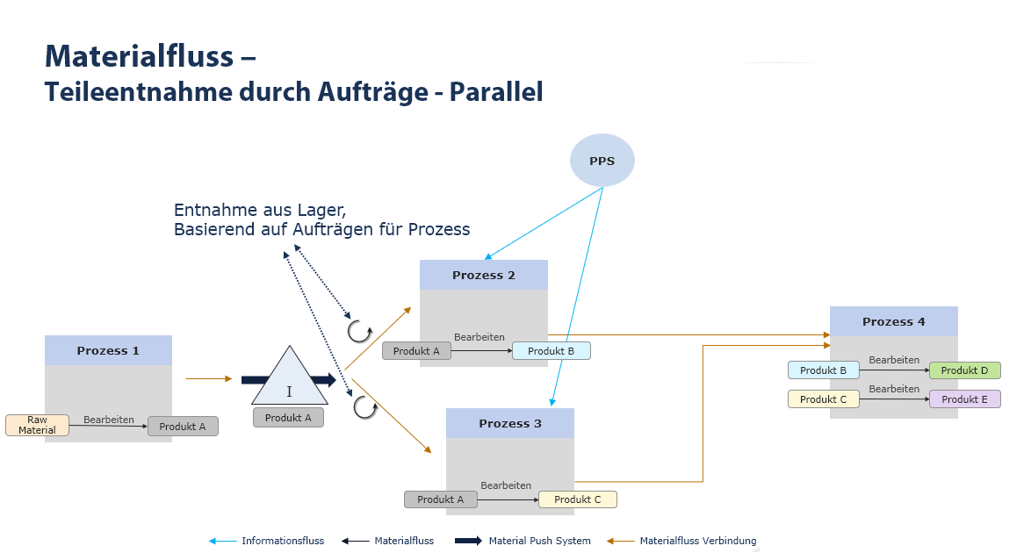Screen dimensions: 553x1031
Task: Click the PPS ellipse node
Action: coord(602,161)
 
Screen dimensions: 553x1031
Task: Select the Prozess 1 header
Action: coord(108,350)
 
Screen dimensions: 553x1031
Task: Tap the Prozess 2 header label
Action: coord(484,275)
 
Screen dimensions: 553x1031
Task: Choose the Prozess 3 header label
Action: coord(510,423)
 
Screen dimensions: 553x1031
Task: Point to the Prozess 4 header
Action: coord(893,321)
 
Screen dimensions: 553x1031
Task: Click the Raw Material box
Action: coord(37,426)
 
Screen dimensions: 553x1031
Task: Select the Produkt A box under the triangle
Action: coord(288,418)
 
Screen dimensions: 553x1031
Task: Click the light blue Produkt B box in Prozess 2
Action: coord(552,351)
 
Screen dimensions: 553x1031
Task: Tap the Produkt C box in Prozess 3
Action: coord(578,499)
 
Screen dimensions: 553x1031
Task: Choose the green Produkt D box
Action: coord(964,370)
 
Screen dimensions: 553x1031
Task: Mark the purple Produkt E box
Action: coord(964,399)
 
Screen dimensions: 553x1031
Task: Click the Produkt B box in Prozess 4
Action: coord(823,370)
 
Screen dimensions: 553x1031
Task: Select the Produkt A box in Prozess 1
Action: coord(183,427)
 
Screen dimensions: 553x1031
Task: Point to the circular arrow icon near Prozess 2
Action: coord(358,331)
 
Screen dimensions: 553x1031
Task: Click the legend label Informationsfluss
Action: coord(283,541)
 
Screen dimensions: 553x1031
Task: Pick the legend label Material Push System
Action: coord(539,541)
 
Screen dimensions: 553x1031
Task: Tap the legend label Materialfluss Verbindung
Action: coord(697,541)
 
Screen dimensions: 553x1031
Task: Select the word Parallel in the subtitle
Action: coord(496,91)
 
